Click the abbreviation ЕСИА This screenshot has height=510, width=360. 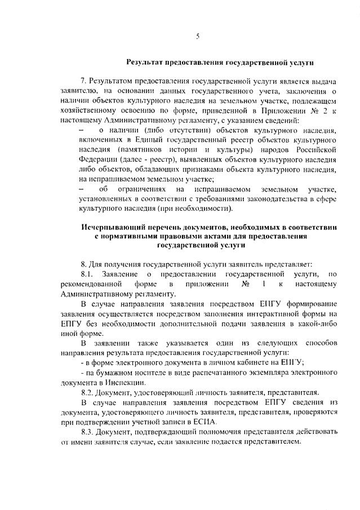tap(206, 421)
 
